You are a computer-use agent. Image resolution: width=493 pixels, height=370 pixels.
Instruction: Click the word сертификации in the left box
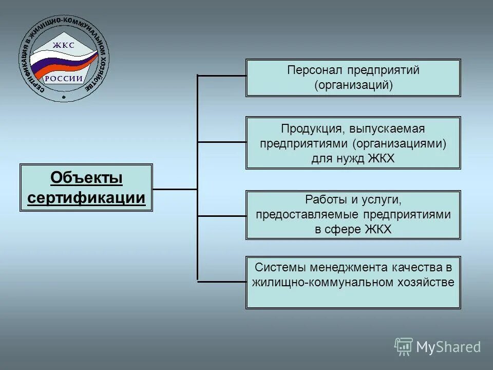[x=86, y=198]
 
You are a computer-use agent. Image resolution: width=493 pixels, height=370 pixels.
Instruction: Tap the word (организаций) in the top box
[x=353, y=85]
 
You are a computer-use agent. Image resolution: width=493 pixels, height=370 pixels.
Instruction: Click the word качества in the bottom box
[x=416, y=267]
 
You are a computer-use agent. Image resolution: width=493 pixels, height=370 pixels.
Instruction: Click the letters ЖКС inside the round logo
[x=64, y=45]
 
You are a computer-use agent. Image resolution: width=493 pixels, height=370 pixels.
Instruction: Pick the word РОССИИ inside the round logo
[x=64, y=79]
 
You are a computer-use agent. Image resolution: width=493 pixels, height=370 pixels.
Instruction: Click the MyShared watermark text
[x=448, y=347]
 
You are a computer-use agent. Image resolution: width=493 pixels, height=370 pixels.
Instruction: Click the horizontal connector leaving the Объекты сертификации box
[x=175, y=189]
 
